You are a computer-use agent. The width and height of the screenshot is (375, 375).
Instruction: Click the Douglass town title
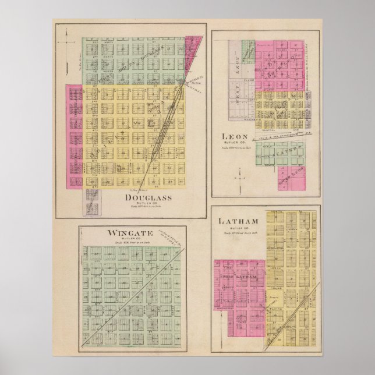148,197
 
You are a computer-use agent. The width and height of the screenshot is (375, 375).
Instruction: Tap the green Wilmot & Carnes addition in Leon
280,153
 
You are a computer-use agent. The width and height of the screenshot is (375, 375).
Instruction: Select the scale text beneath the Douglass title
148,208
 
